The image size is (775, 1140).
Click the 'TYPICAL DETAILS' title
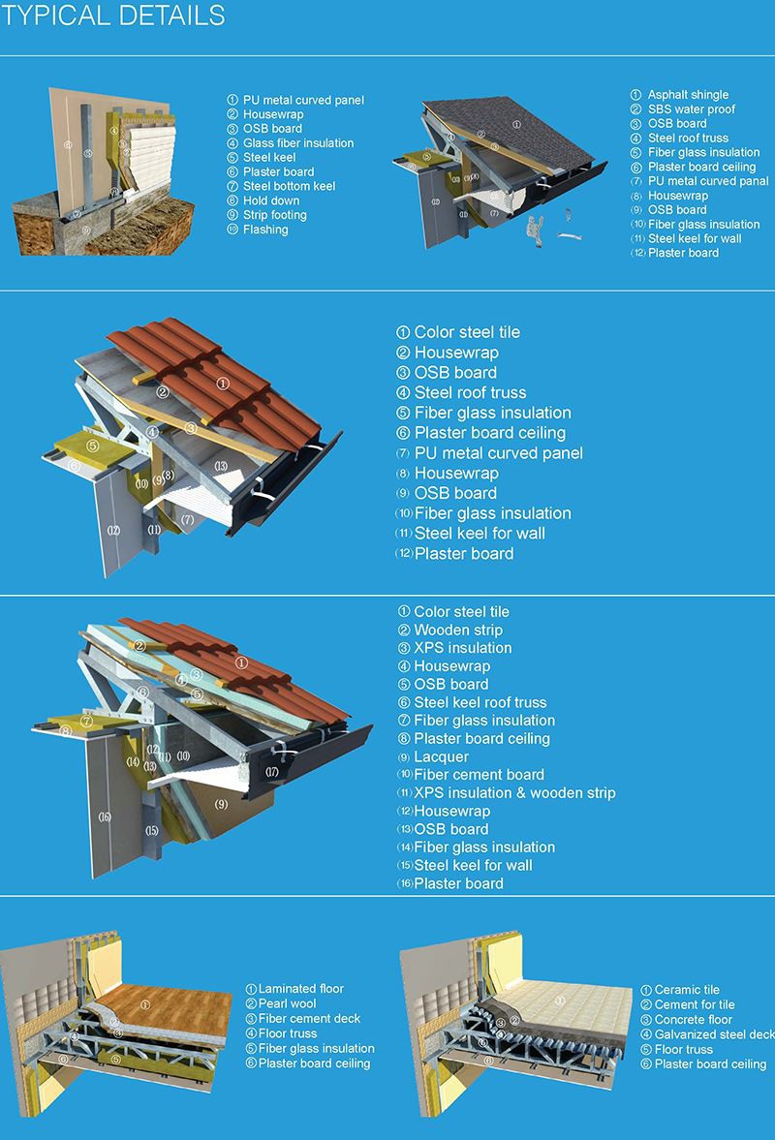(115, 16)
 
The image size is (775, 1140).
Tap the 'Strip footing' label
(274, 215)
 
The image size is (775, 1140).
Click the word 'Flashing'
(265, 230)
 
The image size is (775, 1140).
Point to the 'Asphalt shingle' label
(688, 95)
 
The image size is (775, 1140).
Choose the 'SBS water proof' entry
(692, 109)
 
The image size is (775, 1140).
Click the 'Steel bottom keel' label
(291, 186)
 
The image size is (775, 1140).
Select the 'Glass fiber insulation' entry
(297, 142)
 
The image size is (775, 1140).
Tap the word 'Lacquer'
(441, 756)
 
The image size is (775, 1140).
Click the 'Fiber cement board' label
(479, 775)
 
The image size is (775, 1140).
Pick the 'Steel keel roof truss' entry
(480, 702)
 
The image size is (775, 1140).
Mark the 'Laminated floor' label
(301, 989)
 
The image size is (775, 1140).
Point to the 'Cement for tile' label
(695, 1004)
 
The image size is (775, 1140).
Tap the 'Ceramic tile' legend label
(687, 990)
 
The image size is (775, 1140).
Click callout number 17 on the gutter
(272, 772)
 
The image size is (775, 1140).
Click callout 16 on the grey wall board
(105, 816)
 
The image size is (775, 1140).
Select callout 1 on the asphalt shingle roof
(517, 124)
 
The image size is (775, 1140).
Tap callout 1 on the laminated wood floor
(145, 1004)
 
